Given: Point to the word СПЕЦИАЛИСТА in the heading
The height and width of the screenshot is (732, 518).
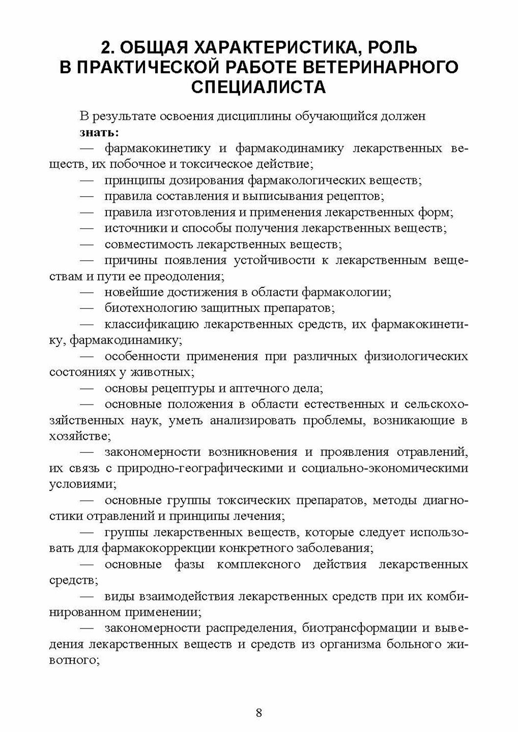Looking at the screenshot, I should point(259,87).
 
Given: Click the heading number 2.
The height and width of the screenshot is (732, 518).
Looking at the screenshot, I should point(106,48).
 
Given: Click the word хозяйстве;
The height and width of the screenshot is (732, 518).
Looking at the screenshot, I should point(76,436).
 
